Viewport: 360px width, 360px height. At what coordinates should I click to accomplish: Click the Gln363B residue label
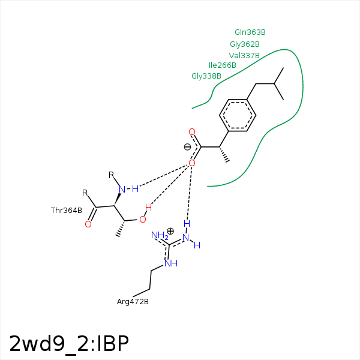[250, 32]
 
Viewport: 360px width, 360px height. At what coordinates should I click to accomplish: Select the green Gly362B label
[245, 44]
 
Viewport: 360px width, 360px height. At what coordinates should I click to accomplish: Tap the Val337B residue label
[244, 56]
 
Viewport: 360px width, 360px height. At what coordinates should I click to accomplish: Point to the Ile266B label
[223, 65]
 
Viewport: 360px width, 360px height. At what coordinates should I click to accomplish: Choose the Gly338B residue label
[206, 76]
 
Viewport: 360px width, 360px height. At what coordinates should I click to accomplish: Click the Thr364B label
[67, 211]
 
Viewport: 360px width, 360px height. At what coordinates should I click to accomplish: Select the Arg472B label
[133, 301]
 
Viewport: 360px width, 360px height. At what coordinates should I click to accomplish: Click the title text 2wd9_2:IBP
[69, 344]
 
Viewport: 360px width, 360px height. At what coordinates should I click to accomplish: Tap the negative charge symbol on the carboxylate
[187, 147]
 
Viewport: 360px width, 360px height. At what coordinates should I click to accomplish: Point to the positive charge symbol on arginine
[170, 231]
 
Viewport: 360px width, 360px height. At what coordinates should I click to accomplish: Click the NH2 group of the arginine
[160, 236]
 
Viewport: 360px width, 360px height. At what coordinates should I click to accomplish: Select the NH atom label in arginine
[171, 263]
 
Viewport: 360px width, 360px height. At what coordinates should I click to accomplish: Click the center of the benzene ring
[238, 115]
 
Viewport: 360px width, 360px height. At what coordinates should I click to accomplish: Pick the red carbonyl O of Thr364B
[88, 224]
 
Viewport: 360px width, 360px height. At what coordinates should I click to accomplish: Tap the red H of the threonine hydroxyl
[148, 208]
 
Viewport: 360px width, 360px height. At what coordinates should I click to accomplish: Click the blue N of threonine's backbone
[122, 190]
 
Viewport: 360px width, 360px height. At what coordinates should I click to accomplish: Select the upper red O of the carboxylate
[192, 132]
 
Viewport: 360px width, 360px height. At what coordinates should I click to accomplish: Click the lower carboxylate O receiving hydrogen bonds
[192, 163]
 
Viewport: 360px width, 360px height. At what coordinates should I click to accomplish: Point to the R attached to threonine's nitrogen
[111, 175]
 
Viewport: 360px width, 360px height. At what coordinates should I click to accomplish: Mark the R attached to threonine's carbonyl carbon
[85, 193]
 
